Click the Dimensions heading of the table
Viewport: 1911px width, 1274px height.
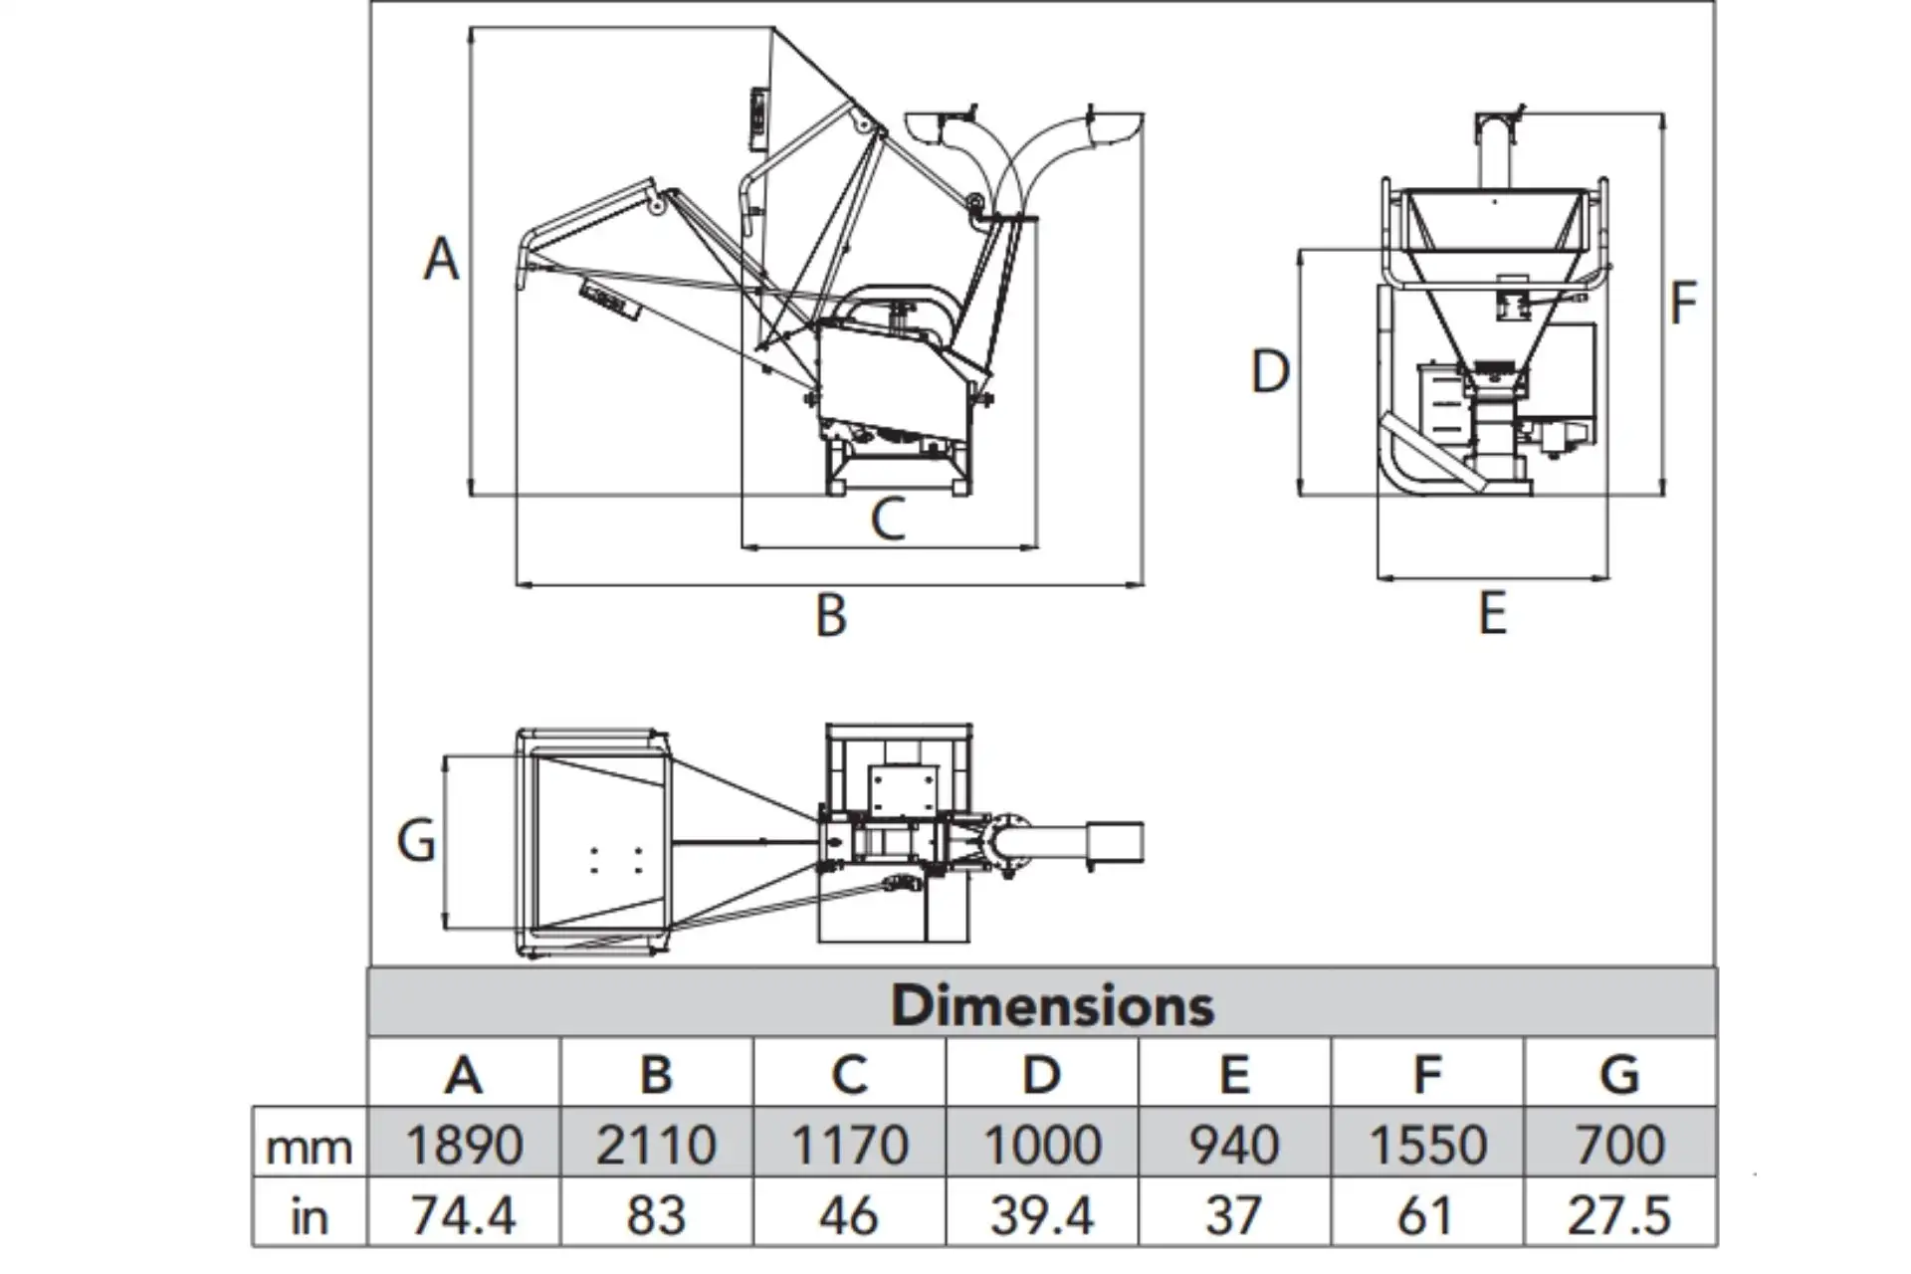[x=1052, y=1004]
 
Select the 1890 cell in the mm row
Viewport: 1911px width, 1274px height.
[x=464, y=1144]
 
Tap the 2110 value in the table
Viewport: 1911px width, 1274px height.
[x=656, y=1144]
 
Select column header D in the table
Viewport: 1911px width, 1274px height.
[x=1041, y=1074]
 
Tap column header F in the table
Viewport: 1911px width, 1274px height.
[x=1427, y=1074]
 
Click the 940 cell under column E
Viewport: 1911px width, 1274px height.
[x=1234, y=1144]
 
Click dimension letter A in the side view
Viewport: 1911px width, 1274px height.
[x=442, y=259]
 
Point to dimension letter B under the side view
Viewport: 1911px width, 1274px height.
[x=831, y=615]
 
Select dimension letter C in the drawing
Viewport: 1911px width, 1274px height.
[x=888, y=519]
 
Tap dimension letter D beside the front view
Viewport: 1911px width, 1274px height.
[x=1270, y=372]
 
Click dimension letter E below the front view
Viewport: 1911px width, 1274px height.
[x=1492, y=613]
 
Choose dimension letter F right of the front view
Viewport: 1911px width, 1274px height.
[x=1682, y=303]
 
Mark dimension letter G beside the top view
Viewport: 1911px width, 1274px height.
[x=416, y=840]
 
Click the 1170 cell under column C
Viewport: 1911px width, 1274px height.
[x=849, y=1144]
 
